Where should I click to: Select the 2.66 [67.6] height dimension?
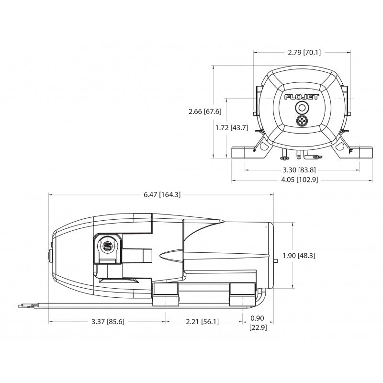pyautogui.click(x=205, y=112)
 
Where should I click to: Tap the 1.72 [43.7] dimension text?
pyautogui.click(x=232, y=128)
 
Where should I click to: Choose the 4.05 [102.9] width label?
pyautogui.click(x=301, y=180)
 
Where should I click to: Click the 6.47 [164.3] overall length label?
pyautogui.click(x=162, y=194)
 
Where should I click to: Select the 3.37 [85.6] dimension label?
pyautogui.click(x=107, y=322)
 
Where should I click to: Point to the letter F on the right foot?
pyautogui.click(x=350, y=151)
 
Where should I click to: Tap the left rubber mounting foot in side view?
pyautogui.click(x=165, y=294)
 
